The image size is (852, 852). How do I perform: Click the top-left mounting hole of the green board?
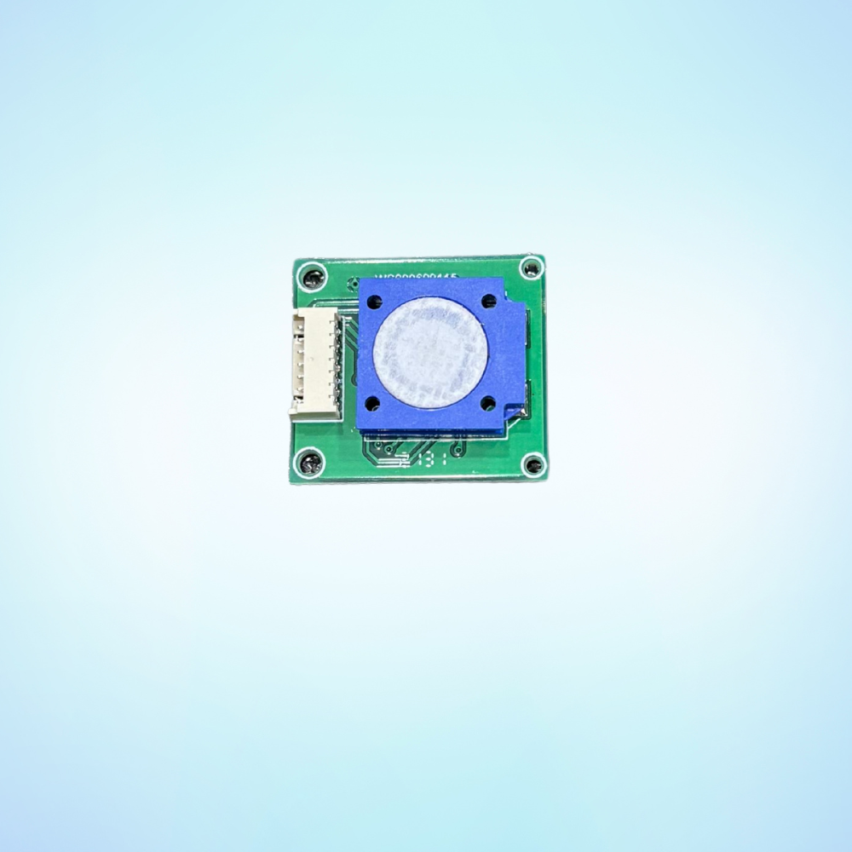[x=314, y=277]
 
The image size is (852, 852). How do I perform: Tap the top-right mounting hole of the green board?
[x=531, y=268]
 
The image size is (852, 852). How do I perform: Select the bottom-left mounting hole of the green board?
[x=308, y=463]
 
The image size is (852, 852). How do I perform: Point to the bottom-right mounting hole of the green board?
[x=533, y=464]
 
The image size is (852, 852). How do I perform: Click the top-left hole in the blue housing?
[x=375, y=301]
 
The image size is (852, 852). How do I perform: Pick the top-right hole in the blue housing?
[x=489, y=300]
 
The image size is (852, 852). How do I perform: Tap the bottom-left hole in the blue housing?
[x=373, y=404]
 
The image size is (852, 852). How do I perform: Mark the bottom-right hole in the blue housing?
[x=488, y=403]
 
